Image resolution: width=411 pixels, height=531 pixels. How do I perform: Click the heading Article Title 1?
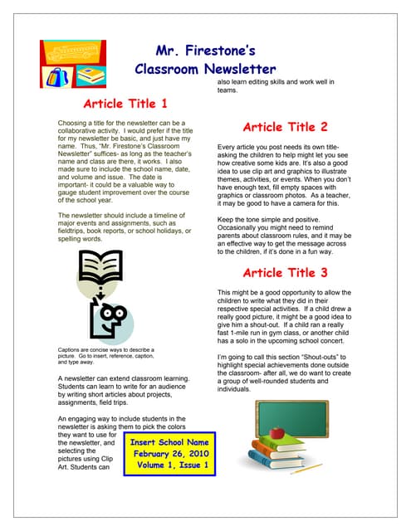click(x=125, y=105)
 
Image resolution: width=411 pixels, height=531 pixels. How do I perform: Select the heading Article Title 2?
click(x=285, y=128)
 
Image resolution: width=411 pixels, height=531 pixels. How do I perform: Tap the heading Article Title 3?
click(x=285, y=273)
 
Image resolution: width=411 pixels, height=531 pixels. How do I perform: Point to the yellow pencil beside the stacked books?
click(x=308, y=467)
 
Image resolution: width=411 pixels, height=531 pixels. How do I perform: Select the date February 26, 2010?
click(x=169, y=455)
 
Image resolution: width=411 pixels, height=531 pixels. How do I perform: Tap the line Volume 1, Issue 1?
click(x=169, y=467)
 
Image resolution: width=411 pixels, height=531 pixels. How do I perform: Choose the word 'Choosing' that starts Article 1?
click(x=73, y=124)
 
